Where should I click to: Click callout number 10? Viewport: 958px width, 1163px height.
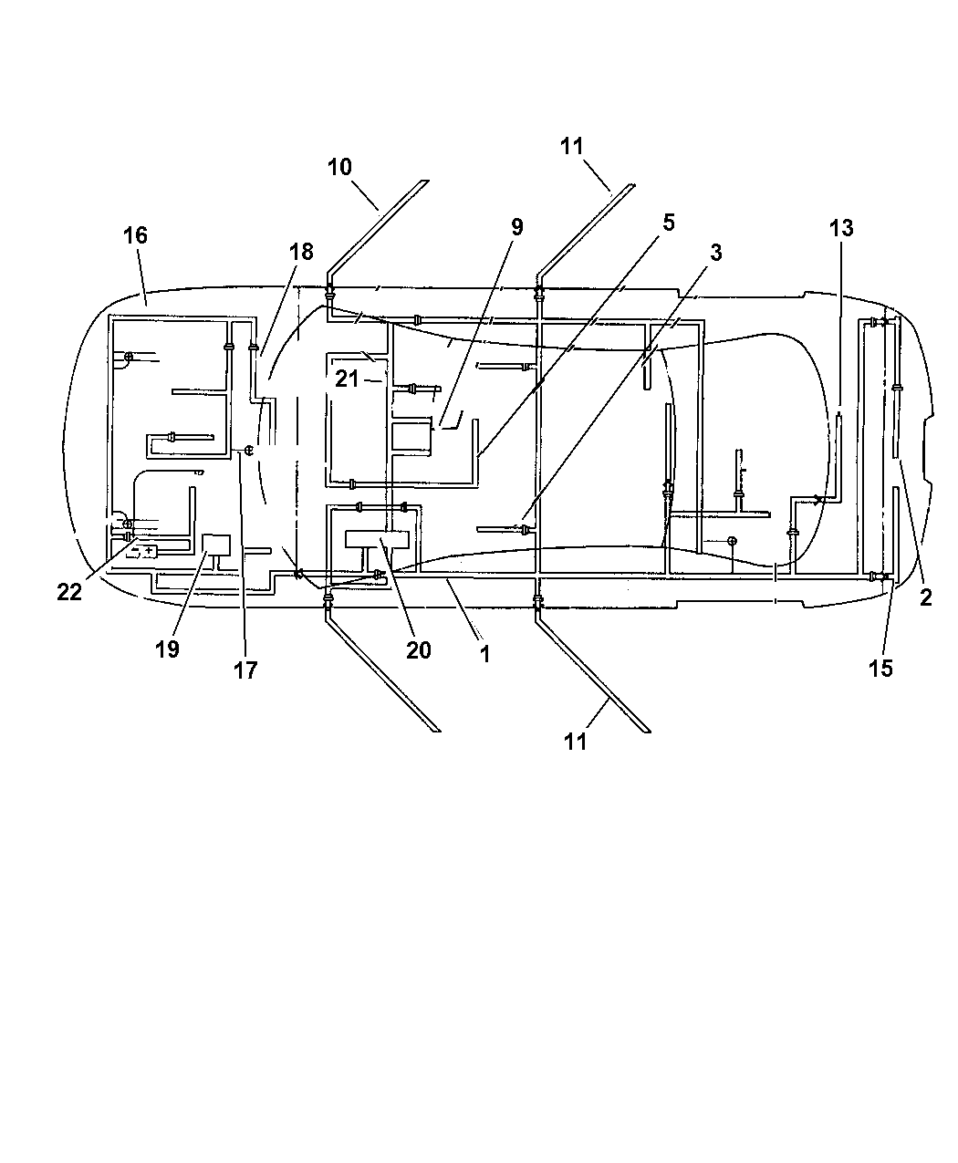pyautogui.click(x=339, y=167)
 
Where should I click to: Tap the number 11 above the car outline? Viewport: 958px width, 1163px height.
pyautogui.click(x=572, y=147)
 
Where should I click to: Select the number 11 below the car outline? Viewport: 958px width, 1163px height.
pyautogui.click(x=576, y=742)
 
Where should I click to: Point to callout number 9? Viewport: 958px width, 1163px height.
pyautogui.click(x=517, y=227)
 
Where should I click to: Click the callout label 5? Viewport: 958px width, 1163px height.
pyautogui.click(x=668, y=223)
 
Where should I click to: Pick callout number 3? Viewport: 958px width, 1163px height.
pyautogui.click(x=716, y=253)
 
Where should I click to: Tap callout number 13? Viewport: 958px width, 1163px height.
pyautogui.click(x=841, y=228)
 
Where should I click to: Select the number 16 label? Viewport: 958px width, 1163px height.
pyautogui.click(x=135, y=235)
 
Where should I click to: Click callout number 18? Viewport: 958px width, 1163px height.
pyautogui.click(x=301, y=252)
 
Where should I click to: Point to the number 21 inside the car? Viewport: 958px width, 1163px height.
pyautogui.click(x=347, y=379)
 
